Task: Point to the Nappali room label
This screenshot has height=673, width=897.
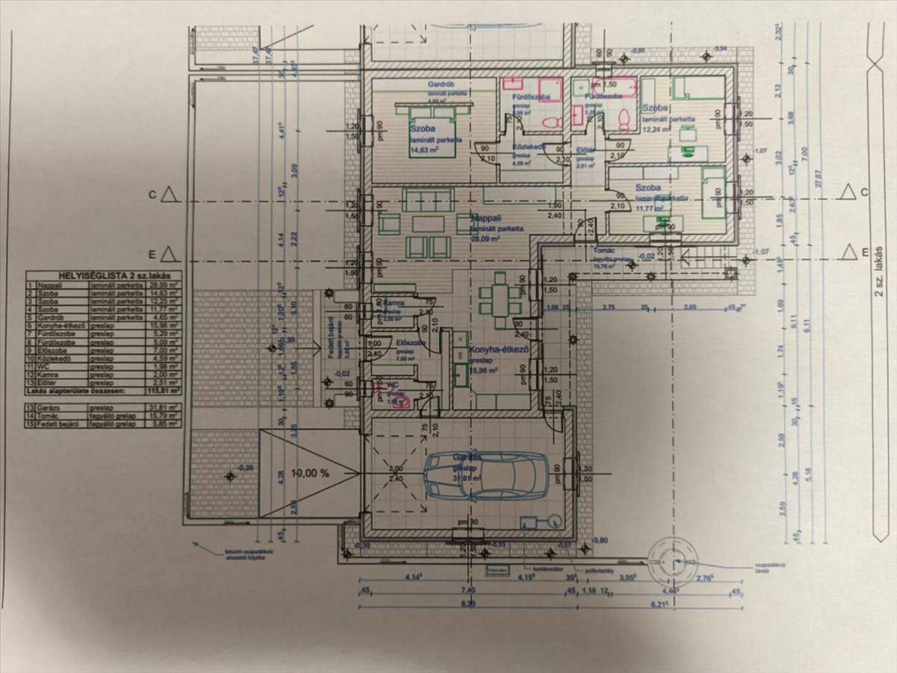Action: [x=487, y=218]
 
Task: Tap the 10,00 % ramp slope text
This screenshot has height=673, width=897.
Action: [x=310, y=473]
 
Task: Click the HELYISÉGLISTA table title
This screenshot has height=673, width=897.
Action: [x=102, y=276]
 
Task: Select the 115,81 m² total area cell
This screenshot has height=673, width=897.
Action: [x=165, y=390]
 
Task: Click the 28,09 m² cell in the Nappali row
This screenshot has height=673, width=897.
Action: [x=165, y=286]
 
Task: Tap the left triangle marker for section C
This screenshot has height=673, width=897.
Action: [x=170, y=194]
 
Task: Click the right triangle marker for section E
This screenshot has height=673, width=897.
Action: [x=847, y=251]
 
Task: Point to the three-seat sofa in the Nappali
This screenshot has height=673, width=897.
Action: [x=428, y=200]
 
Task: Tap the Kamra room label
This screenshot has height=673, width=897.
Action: [x=393, y=303]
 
